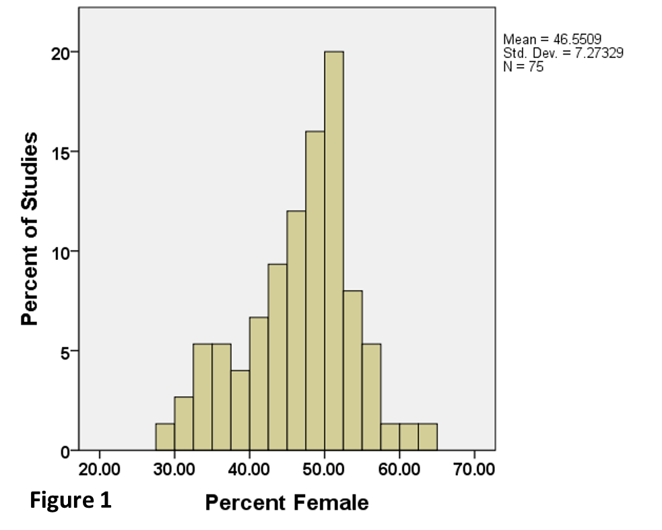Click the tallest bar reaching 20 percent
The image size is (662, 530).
point(333,251)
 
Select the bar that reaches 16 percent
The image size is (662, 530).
point(315,290)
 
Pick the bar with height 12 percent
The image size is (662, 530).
point(296,330)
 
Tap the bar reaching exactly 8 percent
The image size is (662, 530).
point(352,370)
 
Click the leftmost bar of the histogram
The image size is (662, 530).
point(165,437)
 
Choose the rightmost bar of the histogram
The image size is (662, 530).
point(428,437)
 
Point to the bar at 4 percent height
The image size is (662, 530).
point(240,410)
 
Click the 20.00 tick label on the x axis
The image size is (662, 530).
point(100,469)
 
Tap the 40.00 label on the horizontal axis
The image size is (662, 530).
point(249,469)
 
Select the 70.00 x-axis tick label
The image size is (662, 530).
point(474,469)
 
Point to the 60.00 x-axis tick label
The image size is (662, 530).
point(399,469)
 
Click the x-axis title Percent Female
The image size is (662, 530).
point(287,502)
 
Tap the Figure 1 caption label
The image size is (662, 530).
point(70,501)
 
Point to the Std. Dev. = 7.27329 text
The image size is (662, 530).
point(563,53)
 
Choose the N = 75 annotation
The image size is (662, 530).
point(523,66)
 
